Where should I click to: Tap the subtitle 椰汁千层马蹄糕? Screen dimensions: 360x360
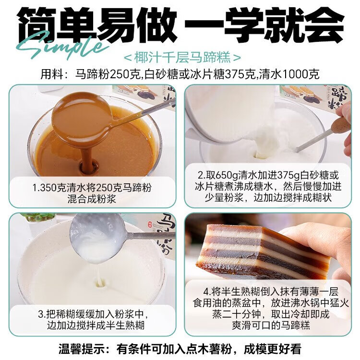tap(182, 58)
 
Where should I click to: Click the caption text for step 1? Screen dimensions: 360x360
tap(92, 193)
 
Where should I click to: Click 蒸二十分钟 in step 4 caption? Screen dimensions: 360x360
tap(239, 314)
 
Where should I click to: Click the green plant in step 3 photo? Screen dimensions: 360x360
tap(39, 217)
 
